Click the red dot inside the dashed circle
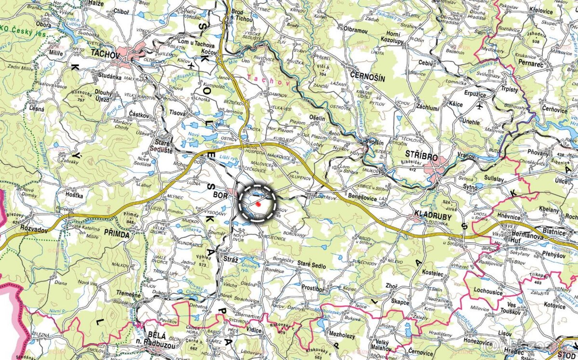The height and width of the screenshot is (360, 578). click(x=258, y=204)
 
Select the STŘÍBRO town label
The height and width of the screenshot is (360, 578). click(x=421, y=158)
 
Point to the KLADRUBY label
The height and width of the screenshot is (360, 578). click(x=433, y=217)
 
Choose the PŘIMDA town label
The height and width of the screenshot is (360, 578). click(x=117, y=234)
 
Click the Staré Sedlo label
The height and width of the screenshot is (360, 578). click(x=312, y=266)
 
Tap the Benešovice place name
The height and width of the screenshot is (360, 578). click(x=363, y=198)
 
